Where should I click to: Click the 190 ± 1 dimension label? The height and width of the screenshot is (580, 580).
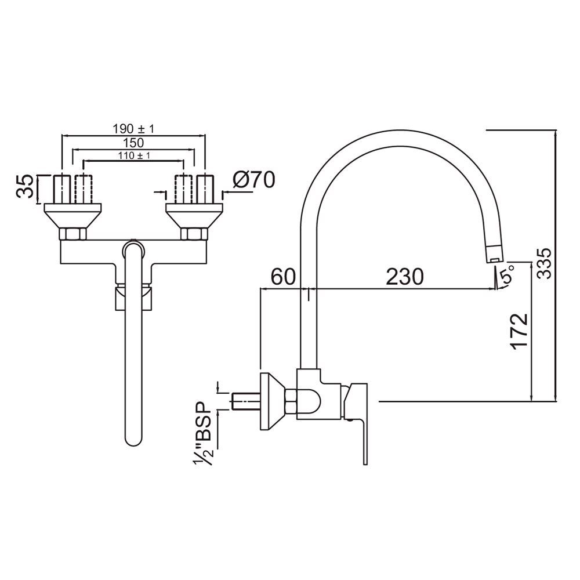133,128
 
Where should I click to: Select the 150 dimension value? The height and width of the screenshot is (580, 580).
133,142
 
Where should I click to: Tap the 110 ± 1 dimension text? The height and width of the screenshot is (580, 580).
133,155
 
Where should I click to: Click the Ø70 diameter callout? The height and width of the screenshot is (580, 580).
253,180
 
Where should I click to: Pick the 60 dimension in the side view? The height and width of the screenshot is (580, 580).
282,276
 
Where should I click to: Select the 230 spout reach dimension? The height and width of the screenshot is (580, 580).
405,276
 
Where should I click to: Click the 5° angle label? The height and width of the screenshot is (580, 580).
507,275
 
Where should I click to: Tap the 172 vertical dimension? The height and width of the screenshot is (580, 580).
520,331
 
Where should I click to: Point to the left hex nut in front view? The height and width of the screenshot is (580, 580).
73,234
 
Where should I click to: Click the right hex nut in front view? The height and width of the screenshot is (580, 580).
194,234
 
